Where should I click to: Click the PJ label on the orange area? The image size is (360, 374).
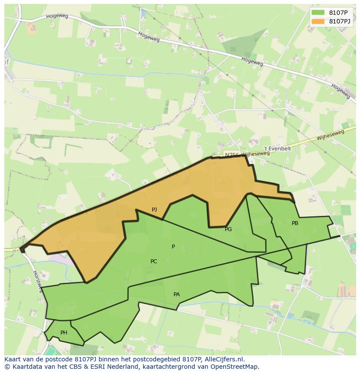(154, 210)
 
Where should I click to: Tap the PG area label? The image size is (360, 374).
(228, 229)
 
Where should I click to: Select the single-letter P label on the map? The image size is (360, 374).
(173, 247)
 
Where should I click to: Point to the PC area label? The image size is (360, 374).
(153, 261)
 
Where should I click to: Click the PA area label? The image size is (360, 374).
(177, 295)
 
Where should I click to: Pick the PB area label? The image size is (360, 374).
(295, 223)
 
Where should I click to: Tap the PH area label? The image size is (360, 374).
(64, 333)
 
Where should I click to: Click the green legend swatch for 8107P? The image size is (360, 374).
(318, 13)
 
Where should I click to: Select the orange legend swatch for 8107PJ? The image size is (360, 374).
(318, 21)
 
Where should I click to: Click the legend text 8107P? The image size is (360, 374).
(338, 13)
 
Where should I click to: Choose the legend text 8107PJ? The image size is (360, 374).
(339, 21)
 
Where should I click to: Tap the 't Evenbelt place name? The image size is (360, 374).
(277, 149)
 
